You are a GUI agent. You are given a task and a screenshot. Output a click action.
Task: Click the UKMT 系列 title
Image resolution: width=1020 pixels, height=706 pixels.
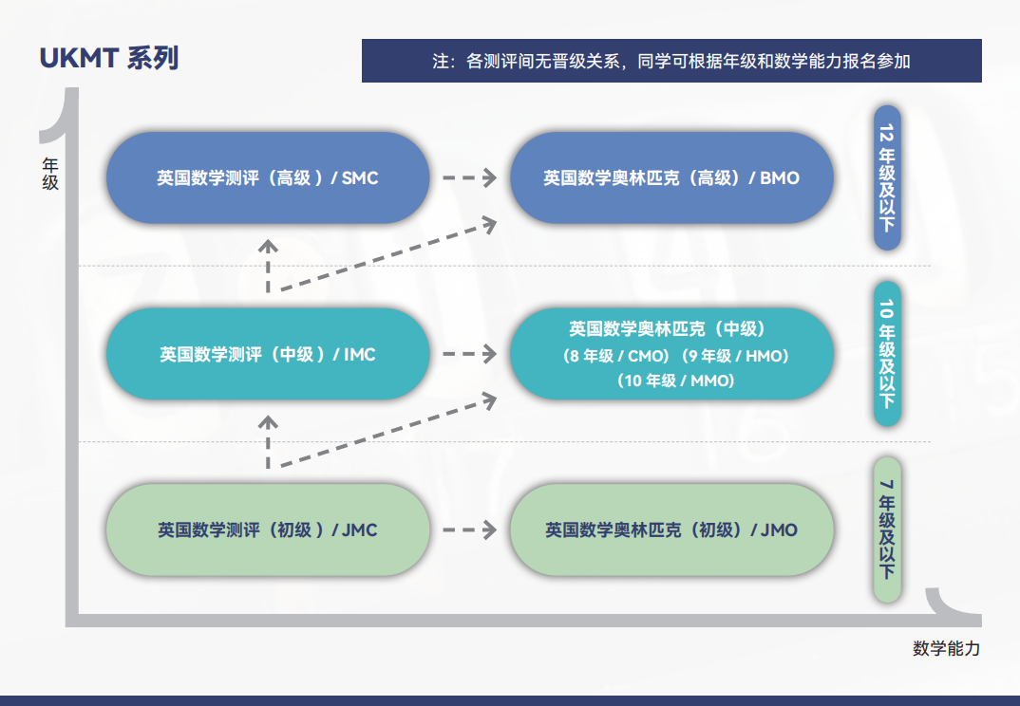click(x=109, y=59)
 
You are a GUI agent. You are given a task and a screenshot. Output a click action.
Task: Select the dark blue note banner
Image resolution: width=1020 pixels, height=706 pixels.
click(x=671, y=61)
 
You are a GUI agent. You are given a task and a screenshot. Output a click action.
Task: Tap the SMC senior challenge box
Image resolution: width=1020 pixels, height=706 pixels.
click(x=268, y=177)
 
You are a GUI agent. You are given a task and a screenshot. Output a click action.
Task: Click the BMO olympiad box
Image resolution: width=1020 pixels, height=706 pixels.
click(x=671, y=177)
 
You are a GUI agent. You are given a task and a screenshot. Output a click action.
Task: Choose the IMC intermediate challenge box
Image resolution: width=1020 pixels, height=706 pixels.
click(x=268, y=354)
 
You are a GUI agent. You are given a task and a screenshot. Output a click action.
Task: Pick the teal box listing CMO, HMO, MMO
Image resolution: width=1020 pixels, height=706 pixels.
click(x=671, y=354)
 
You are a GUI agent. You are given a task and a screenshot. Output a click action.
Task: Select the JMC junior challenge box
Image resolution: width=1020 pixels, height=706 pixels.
click(x=268, y=529)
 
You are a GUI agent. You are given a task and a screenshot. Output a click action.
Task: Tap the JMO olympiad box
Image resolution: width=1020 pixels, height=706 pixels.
click(x=671, y=529)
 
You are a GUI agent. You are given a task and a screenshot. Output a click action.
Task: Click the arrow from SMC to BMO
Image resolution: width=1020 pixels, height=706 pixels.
click(x=470, y=177)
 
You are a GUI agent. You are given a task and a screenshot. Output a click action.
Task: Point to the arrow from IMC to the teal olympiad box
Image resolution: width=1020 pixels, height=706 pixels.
click(x=470, y=354)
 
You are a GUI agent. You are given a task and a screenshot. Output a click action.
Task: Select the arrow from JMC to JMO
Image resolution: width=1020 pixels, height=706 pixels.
click(x=470, y=529)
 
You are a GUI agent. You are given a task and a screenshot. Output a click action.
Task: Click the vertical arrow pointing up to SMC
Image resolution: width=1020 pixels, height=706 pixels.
click(x=268, y=266)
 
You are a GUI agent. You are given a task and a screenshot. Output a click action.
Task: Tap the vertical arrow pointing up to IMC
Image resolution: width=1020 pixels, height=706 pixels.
click(x=268, y=442)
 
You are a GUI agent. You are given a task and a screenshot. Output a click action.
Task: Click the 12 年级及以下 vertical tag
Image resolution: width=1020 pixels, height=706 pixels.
click(x=887, y=177)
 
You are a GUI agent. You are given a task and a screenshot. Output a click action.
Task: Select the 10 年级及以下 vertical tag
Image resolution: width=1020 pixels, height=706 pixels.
click(x=887, y=354)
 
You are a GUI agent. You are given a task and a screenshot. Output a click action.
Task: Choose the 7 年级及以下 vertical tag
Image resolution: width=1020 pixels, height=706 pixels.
click(x=887, y=529)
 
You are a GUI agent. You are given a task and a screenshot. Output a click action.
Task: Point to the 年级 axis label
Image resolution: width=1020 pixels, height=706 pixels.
click(x=50, y=174)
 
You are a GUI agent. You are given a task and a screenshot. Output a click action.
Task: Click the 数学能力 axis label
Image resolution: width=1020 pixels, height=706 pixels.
click(x=947, y=648)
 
